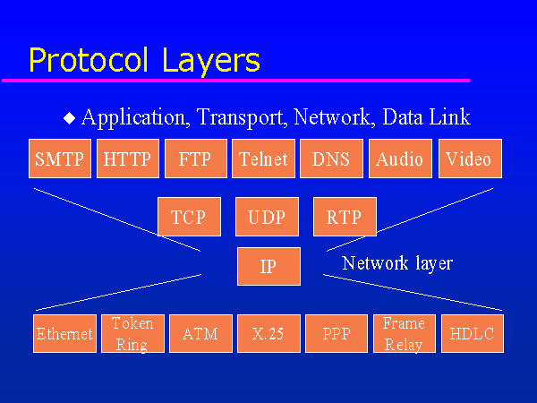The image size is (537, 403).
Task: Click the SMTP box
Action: [59, 159]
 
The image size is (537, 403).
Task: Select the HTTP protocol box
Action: [127, 159]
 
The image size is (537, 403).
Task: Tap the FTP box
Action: [195, 159]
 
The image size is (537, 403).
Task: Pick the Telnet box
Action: [263, 159]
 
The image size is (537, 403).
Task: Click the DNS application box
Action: [331, 159]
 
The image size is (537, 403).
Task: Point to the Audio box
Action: [399, 159]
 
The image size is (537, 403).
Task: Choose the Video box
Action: [468, 159]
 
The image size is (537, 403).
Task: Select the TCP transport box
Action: [189, 217]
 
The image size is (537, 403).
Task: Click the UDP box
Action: [267, 217]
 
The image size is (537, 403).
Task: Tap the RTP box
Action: [345, 217]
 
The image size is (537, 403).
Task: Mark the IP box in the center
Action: [268, 266]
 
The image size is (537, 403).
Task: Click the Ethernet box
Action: [64, 333]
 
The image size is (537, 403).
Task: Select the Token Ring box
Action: [132, 333]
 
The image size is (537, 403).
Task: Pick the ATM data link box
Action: [200, 333]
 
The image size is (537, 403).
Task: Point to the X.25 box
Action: [268, 333]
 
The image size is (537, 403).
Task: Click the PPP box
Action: [337, 333]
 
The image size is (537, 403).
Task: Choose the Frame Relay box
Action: [404, 333]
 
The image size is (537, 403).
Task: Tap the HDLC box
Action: [472, 333]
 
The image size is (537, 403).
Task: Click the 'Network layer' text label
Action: [397, 263]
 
